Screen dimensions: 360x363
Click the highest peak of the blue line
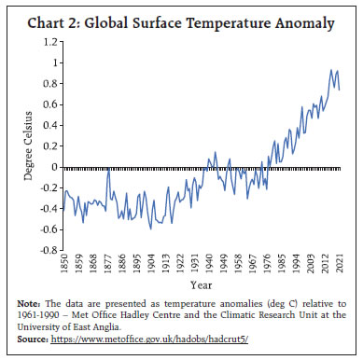coord(331,70)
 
